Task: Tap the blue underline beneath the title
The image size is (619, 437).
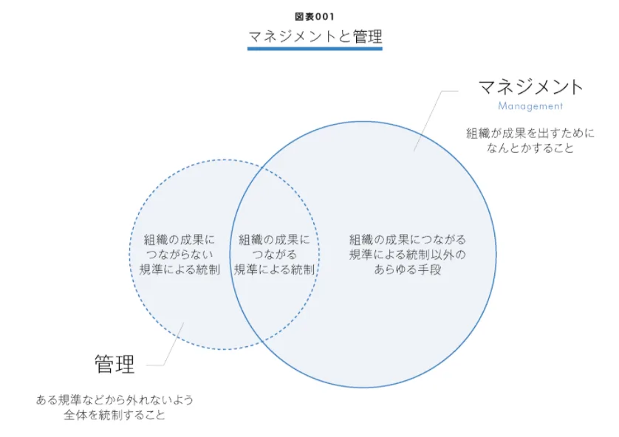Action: [315, 49]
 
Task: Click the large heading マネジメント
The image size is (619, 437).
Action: [530, 86]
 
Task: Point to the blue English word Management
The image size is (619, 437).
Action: [530, 106]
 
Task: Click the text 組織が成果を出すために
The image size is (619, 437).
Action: [530, 133]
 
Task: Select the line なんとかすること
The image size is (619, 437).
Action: [530, 148]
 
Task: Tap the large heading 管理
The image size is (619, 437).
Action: [114, 364]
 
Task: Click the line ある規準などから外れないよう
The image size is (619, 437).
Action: [114, 399]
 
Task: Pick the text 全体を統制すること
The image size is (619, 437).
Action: [114, 415]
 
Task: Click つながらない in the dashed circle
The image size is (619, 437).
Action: [179, 254]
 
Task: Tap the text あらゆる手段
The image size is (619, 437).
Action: [408, 269]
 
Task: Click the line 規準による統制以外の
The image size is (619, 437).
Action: [408, 254]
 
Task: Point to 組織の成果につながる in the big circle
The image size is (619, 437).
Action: [408, 239]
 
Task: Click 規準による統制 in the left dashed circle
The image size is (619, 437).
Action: [179, 269]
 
